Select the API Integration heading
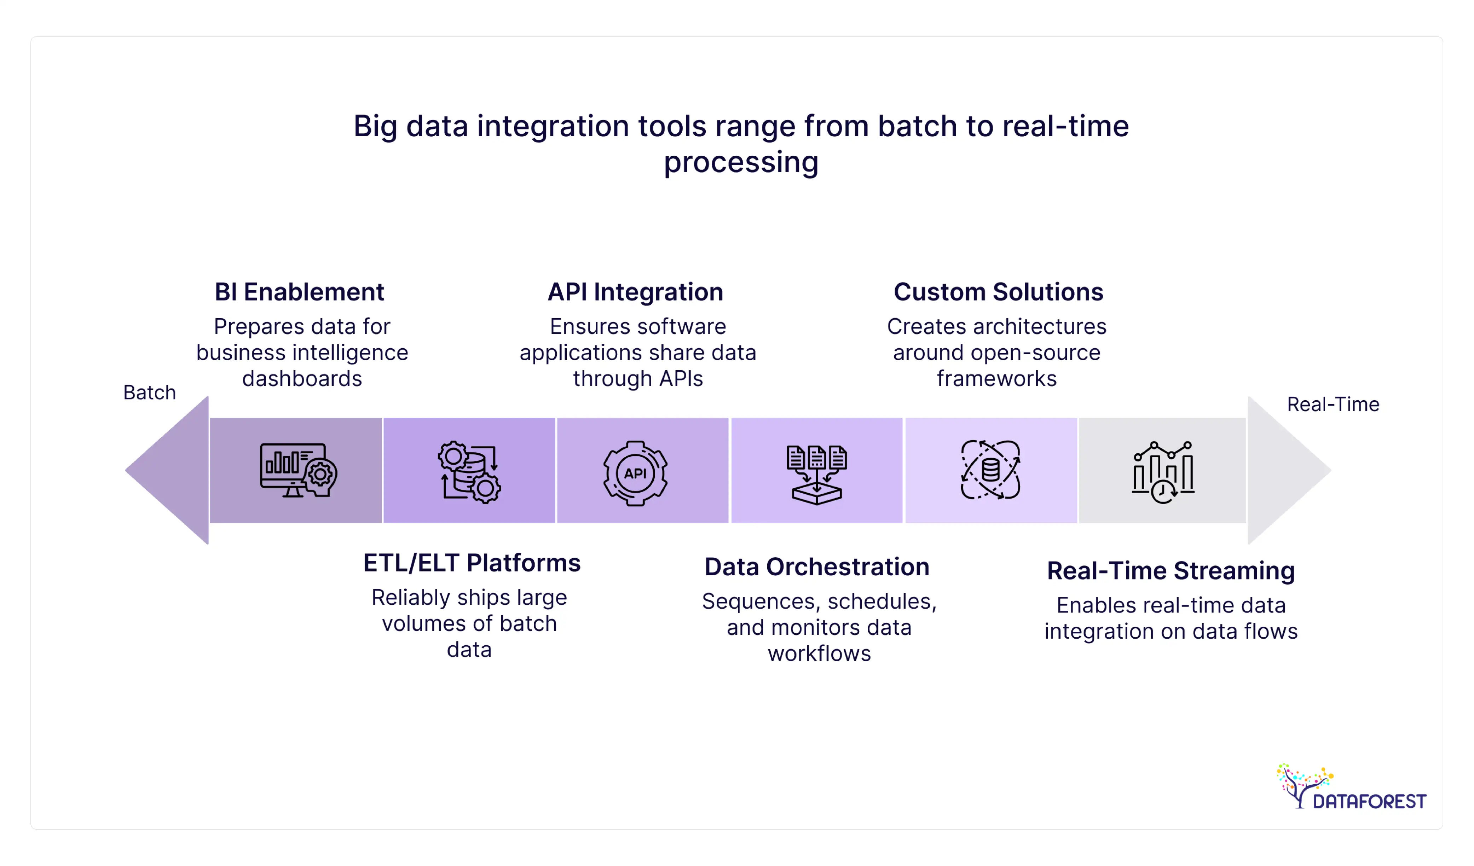(x=635, y=292)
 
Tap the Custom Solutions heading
(x=998, y=292)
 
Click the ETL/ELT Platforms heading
(x=472, y=563)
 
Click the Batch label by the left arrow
(x=149, y=393)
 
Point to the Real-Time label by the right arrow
(x=1333, y=404)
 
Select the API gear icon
(x=635, y=472)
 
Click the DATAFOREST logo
(x=1351, y=787)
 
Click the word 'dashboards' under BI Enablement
(x=302, y=379)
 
